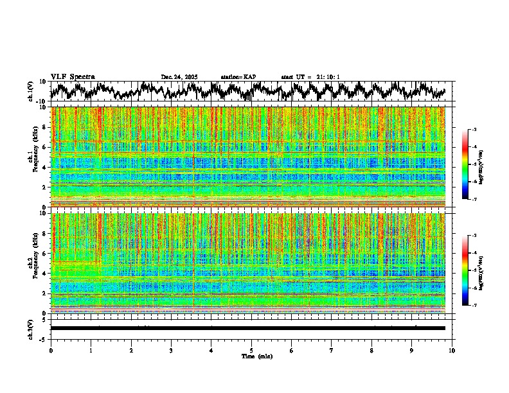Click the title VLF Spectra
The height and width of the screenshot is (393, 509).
pyautogui.click(x=73, y=76)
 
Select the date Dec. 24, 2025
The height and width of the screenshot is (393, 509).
pyautogui.click(x=179, y=77)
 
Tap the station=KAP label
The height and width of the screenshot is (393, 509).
pyautogui.click(x=238, y=77)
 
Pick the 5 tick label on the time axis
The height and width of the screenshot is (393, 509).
pyautogui.click(x=251, y=350)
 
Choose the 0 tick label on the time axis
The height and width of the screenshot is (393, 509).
pyautogui.click(x=51, y=350)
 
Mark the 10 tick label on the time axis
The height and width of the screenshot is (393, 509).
pyautogui.click(x=452, y=350)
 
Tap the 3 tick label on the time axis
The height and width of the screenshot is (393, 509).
pyautogui.click(x=171, y=350)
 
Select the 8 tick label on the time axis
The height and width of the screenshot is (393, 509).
pyautogui.click(x=371, y=350)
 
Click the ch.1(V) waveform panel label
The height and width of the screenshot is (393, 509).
pyautogui.click(x=31, y=91)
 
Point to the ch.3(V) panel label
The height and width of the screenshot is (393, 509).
pyautogui.click(x=31, y=328)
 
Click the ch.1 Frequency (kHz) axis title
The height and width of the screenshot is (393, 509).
pyautogui.click(x=33, y=157)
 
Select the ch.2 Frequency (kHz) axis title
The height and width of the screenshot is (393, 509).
pyautogui.click(x=33, y=263)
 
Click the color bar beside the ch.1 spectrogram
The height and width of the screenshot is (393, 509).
pyautogui.click(x=465, y=165)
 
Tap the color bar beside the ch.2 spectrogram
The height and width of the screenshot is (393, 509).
pyautogui.click(x=465, y=271)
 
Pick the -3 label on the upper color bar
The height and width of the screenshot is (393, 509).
pyautogui.click(x=474, y=130)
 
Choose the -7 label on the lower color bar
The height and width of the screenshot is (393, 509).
pyautogui.click(x=474, y=306)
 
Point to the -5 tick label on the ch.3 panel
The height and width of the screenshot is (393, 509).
pyautogui.click(x=44, y=338)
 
